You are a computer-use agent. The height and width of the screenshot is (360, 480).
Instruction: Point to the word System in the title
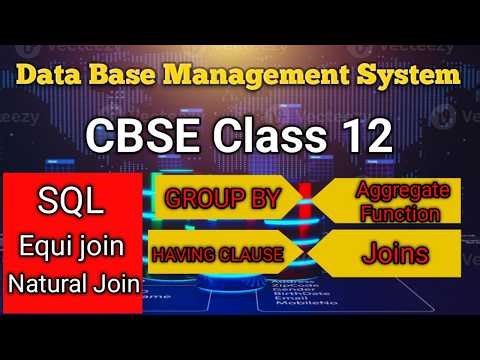click(x=412, y=75)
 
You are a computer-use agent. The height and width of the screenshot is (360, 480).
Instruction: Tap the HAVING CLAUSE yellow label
click(x=217, y=255)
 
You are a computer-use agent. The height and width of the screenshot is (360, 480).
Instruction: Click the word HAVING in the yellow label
click(x=185, y=255)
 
